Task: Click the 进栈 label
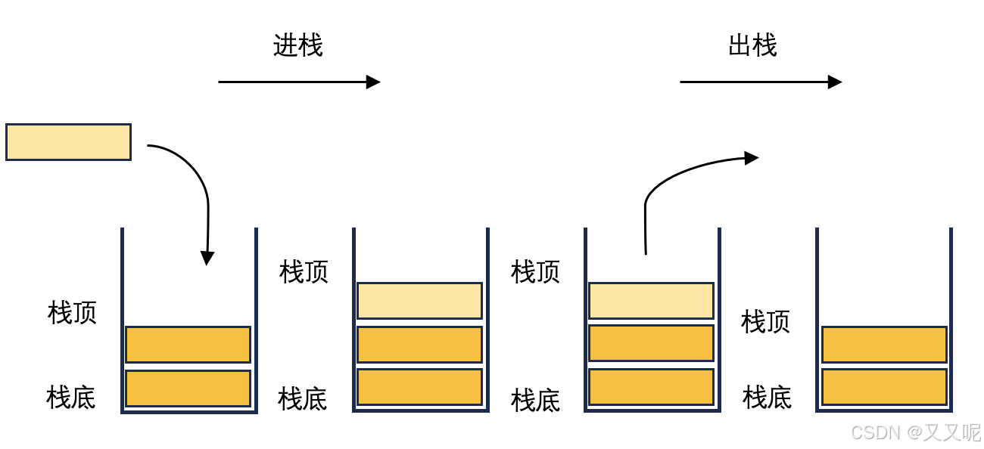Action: point(297,45)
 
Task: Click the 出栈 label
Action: point(752,45)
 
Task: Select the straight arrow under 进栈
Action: point(299,82)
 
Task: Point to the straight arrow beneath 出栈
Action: point(760,82)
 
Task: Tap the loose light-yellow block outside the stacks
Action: point(68,142)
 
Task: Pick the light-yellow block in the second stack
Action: point(419,301)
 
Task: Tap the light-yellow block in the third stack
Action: point(651,301)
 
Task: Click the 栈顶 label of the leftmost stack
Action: point(72,312)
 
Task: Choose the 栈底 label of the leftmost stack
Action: point(71,397)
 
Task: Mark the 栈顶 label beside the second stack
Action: point(304,271)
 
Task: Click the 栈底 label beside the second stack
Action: point(302,398)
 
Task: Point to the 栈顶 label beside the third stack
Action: point(535,271)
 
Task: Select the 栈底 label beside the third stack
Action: point(535,400)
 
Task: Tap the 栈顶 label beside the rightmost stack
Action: point(765,322)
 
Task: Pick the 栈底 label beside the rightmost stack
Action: point(767,397)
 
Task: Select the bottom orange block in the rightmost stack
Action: point(884,387)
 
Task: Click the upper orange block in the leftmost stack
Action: point(188,345)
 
